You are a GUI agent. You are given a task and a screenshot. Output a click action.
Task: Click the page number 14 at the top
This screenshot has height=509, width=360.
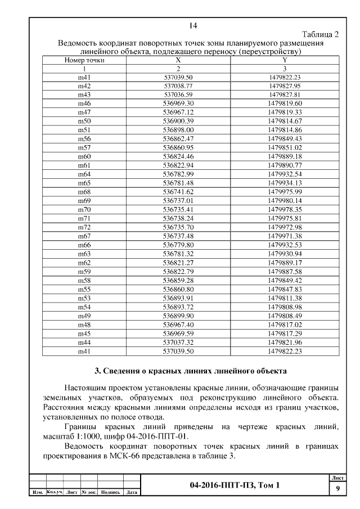click(x=193, y=25)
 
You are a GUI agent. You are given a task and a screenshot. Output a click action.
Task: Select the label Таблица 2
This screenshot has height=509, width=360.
click(x=320, y=34)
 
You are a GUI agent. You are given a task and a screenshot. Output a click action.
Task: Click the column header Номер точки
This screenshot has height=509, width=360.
click(x=84, y=60)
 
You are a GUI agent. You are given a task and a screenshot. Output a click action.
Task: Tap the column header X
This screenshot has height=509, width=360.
click(x=178, y=60)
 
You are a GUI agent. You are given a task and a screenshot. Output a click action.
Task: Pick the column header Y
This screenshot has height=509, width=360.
click(x=285, y=60)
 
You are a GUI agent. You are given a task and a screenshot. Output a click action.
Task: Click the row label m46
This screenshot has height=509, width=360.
click(x=84, y=103)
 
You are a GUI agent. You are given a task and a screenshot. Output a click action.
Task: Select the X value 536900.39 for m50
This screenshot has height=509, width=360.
click(x=178, y=121)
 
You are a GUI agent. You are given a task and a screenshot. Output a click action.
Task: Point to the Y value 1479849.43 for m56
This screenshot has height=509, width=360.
click(x=285, y=138)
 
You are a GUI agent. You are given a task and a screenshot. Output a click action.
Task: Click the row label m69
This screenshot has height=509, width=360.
click(x=84, y=200)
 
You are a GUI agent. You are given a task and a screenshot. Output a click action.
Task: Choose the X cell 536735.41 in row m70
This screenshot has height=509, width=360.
click(x=178, y=209)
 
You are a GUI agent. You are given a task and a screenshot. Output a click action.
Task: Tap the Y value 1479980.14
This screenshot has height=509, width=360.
click(x=285, y=200)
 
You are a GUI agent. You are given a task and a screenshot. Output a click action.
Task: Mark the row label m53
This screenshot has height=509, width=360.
click(x=84, y=298)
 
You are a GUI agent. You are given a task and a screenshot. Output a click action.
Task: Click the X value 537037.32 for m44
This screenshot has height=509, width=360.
click(x=178, y=341)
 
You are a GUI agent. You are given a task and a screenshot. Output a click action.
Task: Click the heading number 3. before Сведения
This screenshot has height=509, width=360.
click(x=97, y=371)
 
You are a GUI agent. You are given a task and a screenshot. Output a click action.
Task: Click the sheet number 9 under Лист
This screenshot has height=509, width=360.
click(x=337, y=488)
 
